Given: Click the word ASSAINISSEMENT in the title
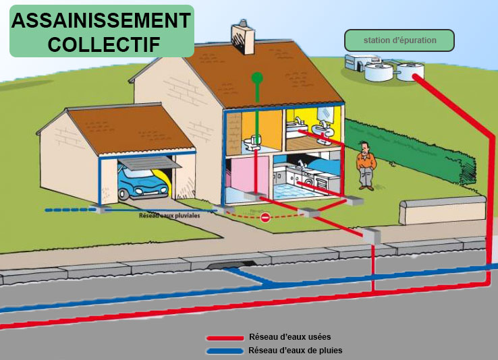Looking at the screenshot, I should click(101, 20).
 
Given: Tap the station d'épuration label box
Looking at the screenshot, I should click(399, 40).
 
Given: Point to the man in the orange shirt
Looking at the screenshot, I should click(365, 164).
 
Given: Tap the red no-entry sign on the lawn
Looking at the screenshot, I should click(265, 217).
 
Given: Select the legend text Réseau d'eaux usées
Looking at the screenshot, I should click(289, 336).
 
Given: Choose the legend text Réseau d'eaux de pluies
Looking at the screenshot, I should click(295, 351).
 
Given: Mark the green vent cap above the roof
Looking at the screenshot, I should click(257, 78).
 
